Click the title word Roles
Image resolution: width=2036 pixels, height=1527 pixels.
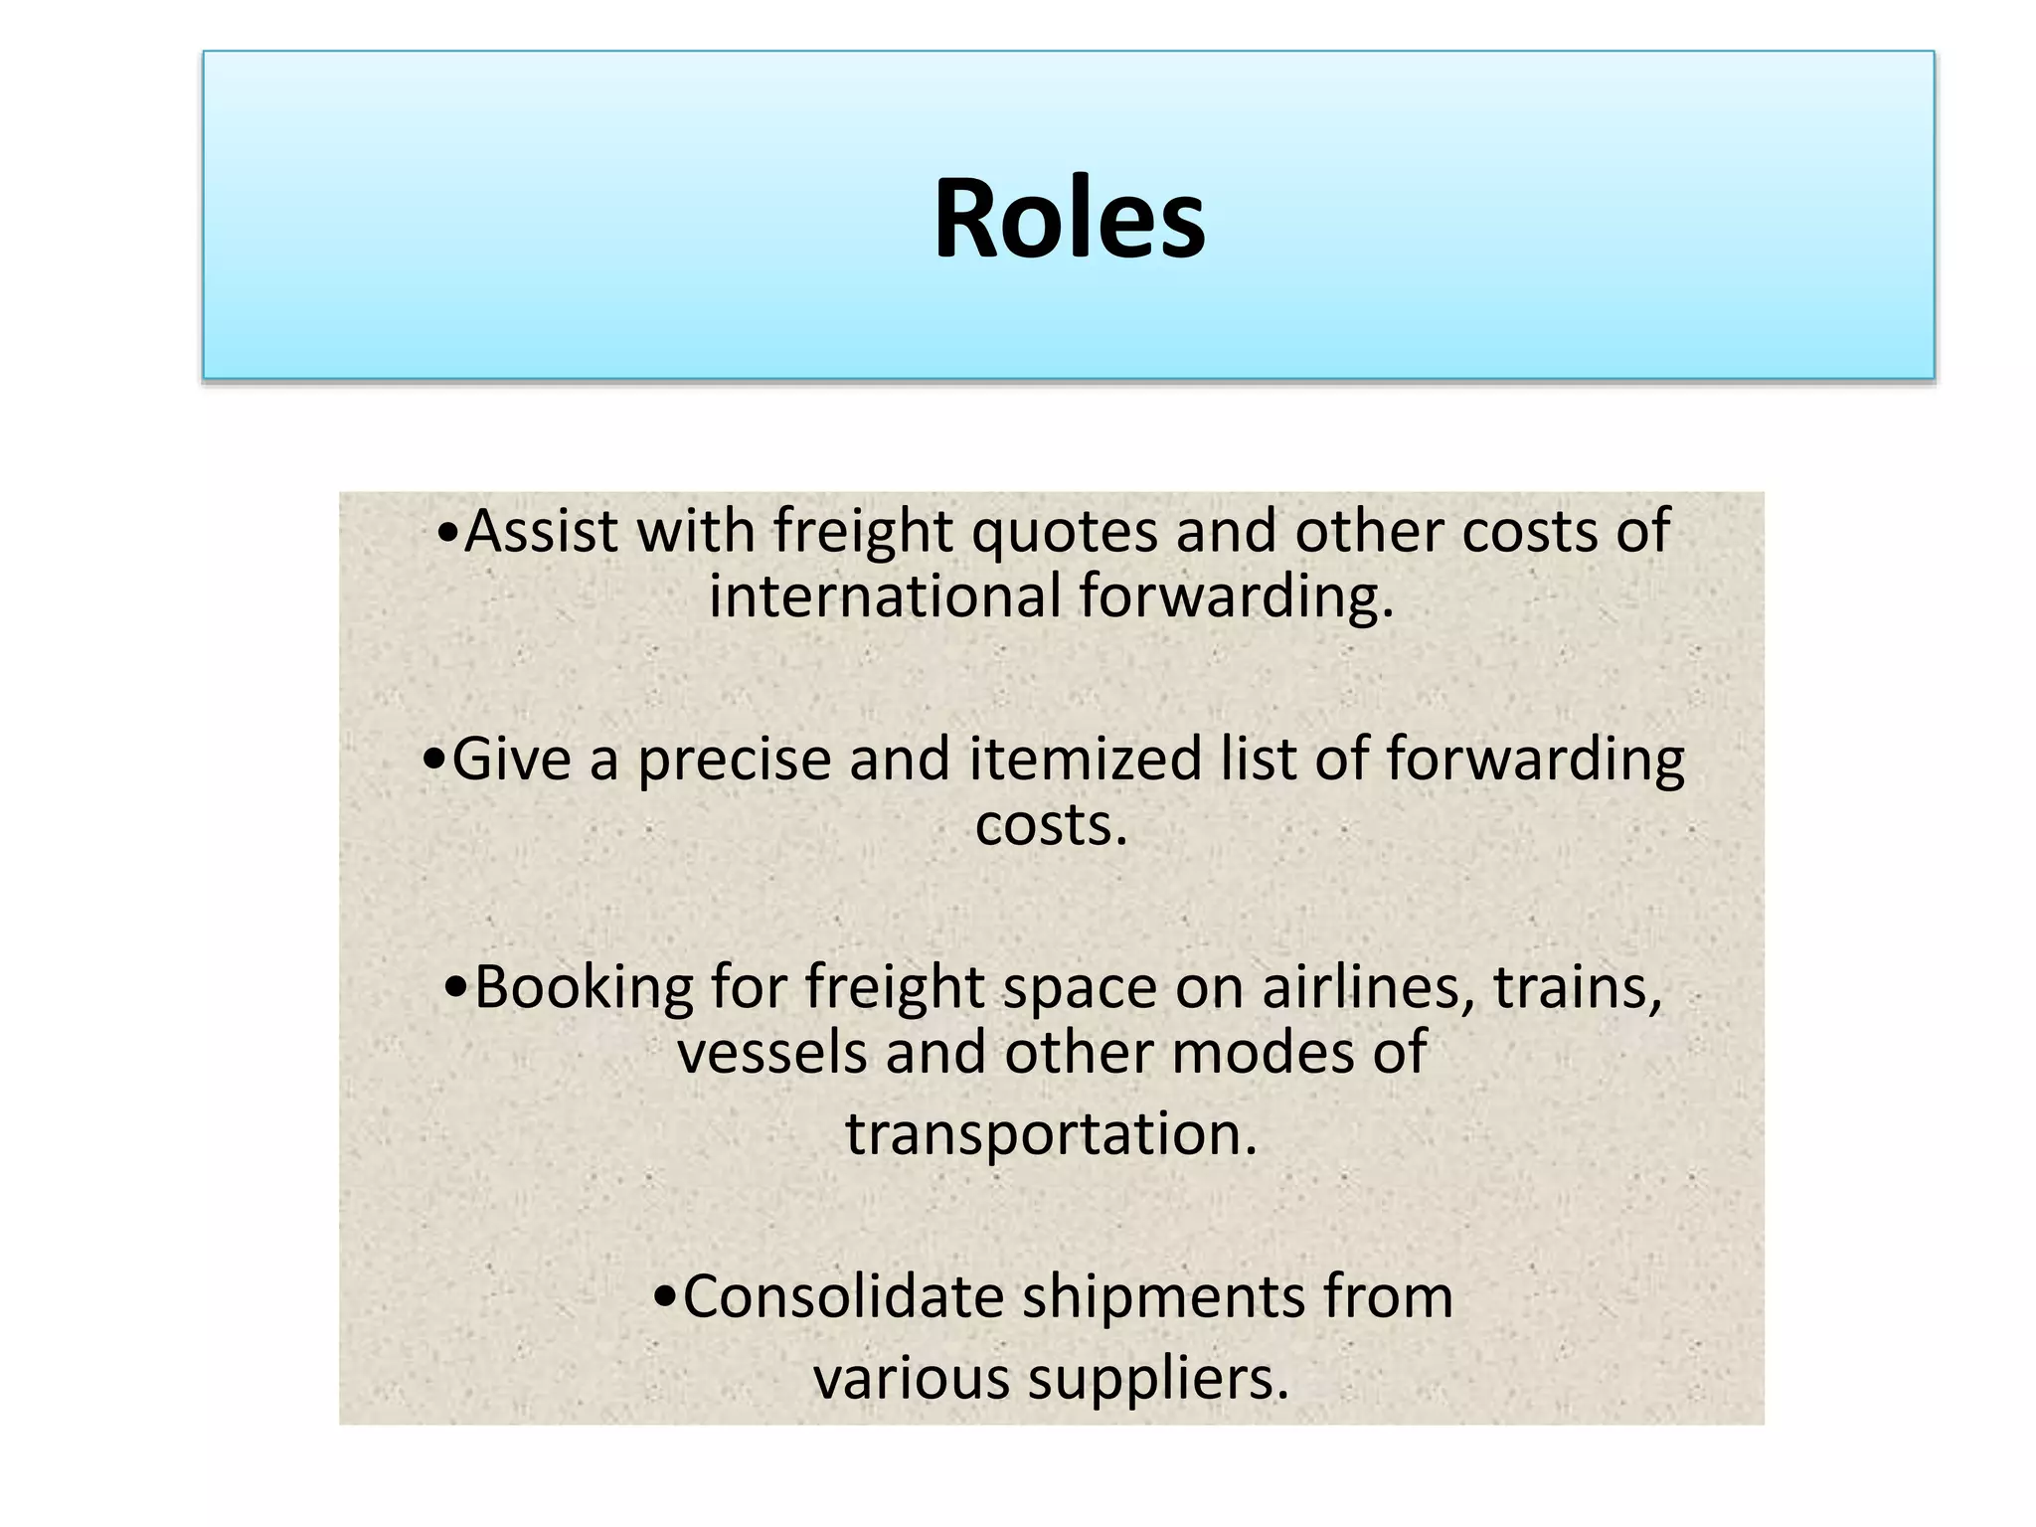pyautogui.click(x=1069, y=219)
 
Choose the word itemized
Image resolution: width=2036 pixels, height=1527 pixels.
pyautogui.click(x=1086, y=760)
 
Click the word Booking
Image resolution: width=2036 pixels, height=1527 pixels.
pyautogui.click(x=583, y=989)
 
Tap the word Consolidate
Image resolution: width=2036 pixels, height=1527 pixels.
pyautogui.click(x=843, y=1296)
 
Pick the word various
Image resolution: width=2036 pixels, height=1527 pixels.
pyautogui.click(x=911, y=1380)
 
